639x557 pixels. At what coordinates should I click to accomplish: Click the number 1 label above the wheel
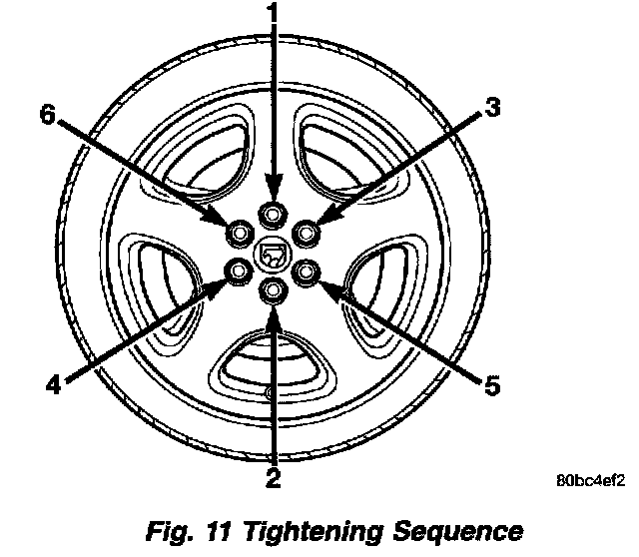coord(273,17)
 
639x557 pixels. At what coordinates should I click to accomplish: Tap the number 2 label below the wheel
coord(272,478)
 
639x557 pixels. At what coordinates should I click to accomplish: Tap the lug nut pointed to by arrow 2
coord(272,290)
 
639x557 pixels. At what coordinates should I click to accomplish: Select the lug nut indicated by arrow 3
coord(306,234)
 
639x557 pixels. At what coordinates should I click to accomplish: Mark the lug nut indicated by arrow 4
coord(239,271)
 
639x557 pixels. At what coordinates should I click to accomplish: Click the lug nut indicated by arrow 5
coord(306,271)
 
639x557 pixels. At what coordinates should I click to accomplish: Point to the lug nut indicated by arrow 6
coord(239,234)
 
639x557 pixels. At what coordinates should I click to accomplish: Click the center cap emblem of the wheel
coord(272,253)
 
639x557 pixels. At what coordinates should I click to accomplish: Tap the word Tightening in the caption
coord(310,530)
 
